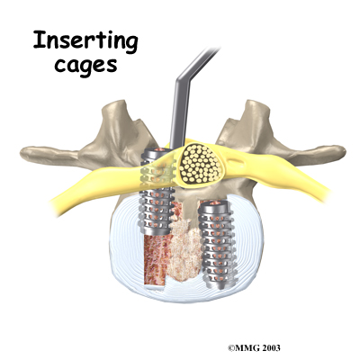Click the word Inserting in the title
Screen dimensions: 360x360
pos(85,41)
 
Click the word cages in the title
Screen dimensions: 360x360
pos(85,66)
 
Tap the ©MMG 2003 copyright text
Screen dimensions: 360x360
pos(254,347)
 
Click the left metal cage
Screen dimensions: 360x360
pos(157,192)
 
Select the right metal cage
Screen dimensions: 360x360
pos(219,244)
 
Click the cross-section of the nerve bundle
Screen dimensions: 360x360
pos(200,164)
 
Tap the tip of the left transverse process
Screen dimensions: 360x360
pos(23,152)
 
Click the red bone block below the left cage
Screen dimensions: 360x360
pos(156,261)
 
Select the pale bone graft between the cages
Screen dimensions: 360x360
pos(184,249)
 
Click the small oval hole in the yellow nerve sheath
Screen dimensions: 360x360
pos(237,164)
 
